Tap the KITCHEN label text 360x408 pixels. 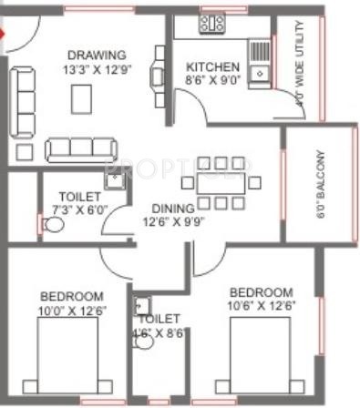coord(212,67)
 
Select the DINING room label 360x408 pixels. coord(170,207)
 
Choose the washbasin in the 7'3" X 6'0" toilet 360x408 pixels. coord(113,180)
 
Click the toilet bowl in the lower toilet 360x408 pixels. coord(144,343)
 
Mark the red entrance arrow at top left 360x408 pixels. coord(3,37)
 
